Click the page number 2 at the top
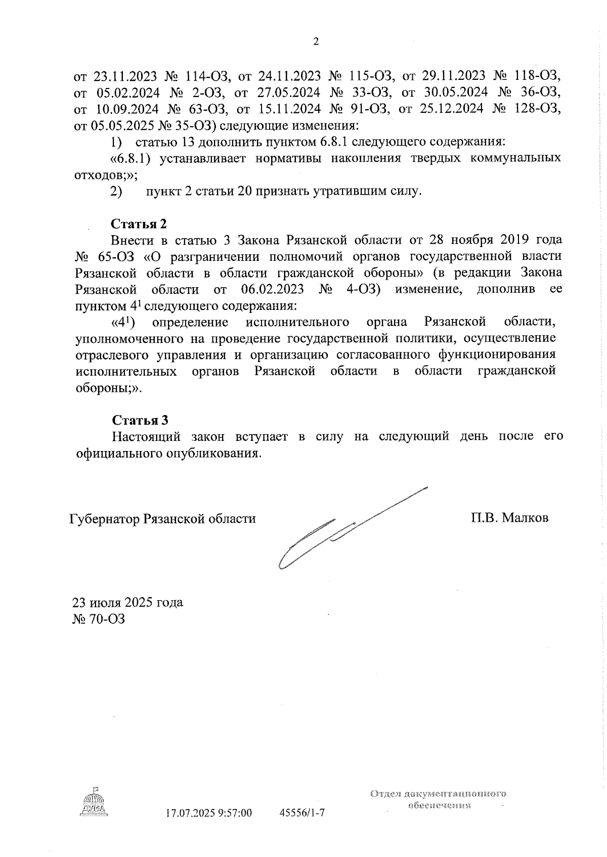pos(316,42)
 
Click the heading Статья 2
pos(139,223)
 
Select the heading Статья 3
pos(140,420)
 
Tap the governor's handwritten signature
pos(334,531)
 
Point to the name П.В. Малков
pos(509,518)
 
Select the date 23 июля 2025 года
pos(128,602)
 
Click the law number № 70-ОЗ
pos(99,618)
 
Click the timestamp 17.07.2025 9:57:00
pos(209,814)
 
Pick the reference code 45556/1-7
pos(302,814)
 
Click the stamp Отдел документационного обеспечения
pos(438,799)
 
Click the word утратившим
pos(350,192)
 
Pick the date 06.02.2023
pos(269,289)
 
